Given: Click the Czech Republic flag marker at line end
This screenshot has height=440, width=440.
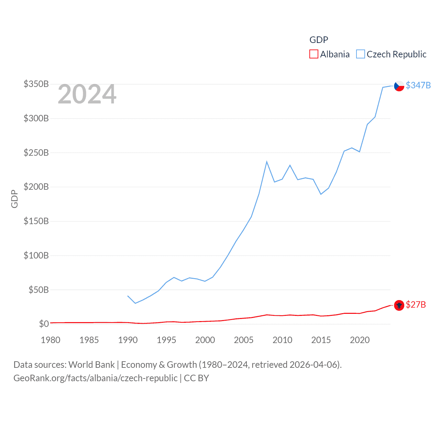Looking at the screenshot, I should [x=399, y=86].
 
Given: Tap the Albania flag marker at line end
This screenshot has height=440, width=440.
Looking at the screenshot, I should [x=399, y=305].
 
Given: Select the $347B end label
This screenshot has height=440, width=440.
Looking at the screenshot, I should [x=418, y=85].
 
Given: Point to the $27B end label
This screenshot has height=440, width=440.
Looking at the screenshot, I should [x=416, y=305].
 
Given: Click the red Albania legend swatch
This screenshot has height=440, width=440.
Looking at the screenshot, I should [x=313, y=54].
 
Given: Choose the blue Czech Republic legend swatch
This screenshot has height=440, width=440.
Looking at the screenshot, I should [x=360, y=54].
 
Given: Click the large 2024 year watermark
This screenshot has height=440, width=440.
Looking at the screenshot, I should [x=87, y=94].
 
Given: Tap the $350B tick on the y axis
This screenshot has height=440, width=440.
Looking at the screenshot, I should [x=36, y=84].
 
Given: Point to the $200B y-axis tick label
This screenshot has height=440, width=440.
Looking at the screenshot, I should [x=36, y=187].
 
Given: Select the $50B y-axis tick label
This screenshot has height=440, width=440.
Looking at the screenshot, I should [x=38, y=290].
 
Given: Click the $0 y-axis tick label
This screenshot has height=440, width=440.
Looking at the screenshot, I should [x=44, y=324].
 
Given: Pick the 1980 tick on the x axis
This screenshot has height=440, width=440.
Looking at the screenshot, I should [x=51, y=340].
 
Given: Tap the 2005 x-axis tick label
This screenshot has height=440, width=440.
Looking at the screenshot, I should [x=244, y=340].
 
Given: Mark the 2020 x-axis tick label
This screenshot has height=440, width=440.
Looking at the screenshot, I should [x=360, y=340].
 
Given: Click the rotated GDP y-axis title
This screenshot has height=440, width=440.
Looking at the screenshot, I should [x=14, y=199].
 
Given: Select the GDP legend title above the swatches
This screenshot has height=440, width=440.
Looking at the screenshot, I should [x=319, y=40].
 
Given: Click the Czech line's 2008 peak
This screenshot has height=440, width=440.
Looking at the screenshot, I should [x=267, y=162].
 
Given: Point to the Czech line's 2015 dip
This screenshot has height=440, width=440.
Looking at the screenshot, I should [x=321, y=194].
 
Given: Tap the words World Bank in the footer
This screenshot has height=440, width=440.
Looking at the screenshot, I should [x=91, y=364].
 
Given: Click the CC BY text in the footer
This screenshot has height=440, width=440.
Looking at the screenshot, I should [x=196, y=378].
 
